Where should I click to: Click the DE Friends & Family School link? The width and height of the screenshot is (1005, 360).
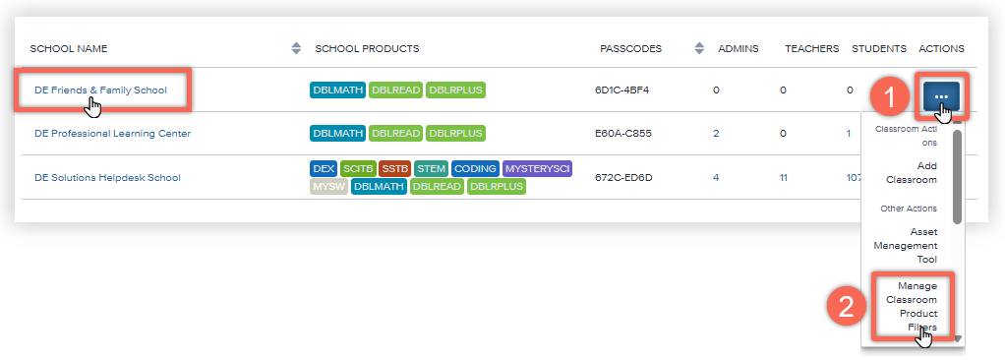coord(100,90)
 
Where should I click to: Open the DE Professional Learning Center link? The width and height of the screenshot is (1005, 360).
coord(113,134)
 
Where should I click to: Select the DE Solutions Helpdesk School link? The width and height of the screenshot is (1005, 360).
coord(108,177)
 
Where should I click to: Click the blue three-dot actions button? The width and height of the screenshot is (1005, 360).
coord(941,96)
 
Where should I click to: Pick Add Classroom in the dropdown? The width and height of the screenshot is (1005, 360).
coord(912,173)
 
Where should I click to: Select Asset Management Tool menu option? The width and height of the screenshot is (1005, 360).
coord(905,245)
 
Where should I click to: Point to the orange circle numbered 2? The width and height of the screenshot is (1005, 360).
coord(846,307)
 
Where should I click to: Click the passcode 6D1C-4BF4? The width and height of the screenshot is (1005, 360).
coord(621,90)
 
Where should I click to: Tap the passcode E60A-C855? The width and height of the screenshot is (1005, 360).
coord(622,134)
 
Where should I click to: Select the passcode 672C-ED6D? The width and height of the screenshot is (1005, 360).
coord(623,177)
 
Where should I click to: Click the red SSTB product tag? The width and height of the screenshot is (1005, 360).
coord(394,169)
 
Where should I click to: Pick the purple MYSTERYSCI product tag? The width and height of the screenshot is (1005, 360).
coord(537,169)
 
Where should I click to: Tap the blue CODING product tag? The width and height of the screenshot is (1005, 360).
coord(476,169)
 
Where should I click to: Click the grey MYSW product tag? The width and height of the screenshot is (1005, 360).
coord(328,187)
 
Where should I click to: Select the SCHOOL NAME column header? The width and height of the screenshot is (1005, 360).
coord(69,48)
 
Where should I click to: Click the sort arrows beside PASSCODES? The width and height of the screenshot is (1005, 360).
coord(699,48)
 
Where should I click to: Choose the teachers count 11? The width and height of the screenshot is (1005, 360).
coord(783,177)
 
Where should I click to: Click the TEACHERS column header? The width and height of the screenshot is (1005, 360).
coord(812,48)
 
